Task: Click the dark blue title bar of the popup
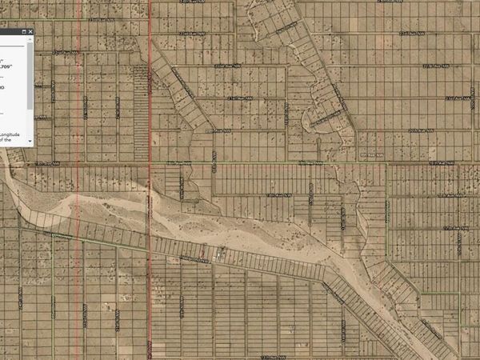[x=12, y=31]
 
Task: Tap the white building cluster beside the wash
[x=219, y=255]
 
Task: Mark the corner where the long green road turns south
[x=386, y=164]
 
